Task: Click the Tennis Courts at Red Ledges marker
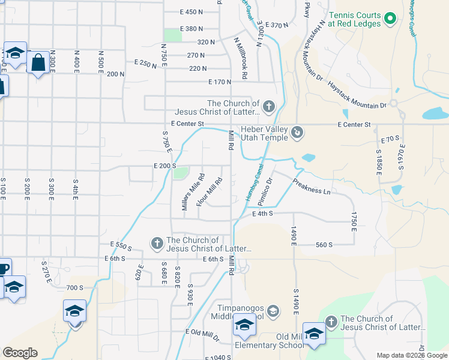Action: pos(390,19)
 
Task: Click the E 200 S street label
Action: pos(164,166)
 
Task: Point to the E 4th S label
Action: pos(263,213)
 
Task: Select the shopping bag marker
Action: pos(38,62)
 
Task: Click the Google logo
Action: pos(20,353)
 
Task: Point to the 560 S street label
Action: pos(324,244)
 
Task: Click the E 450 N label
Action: pos(192,12)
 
